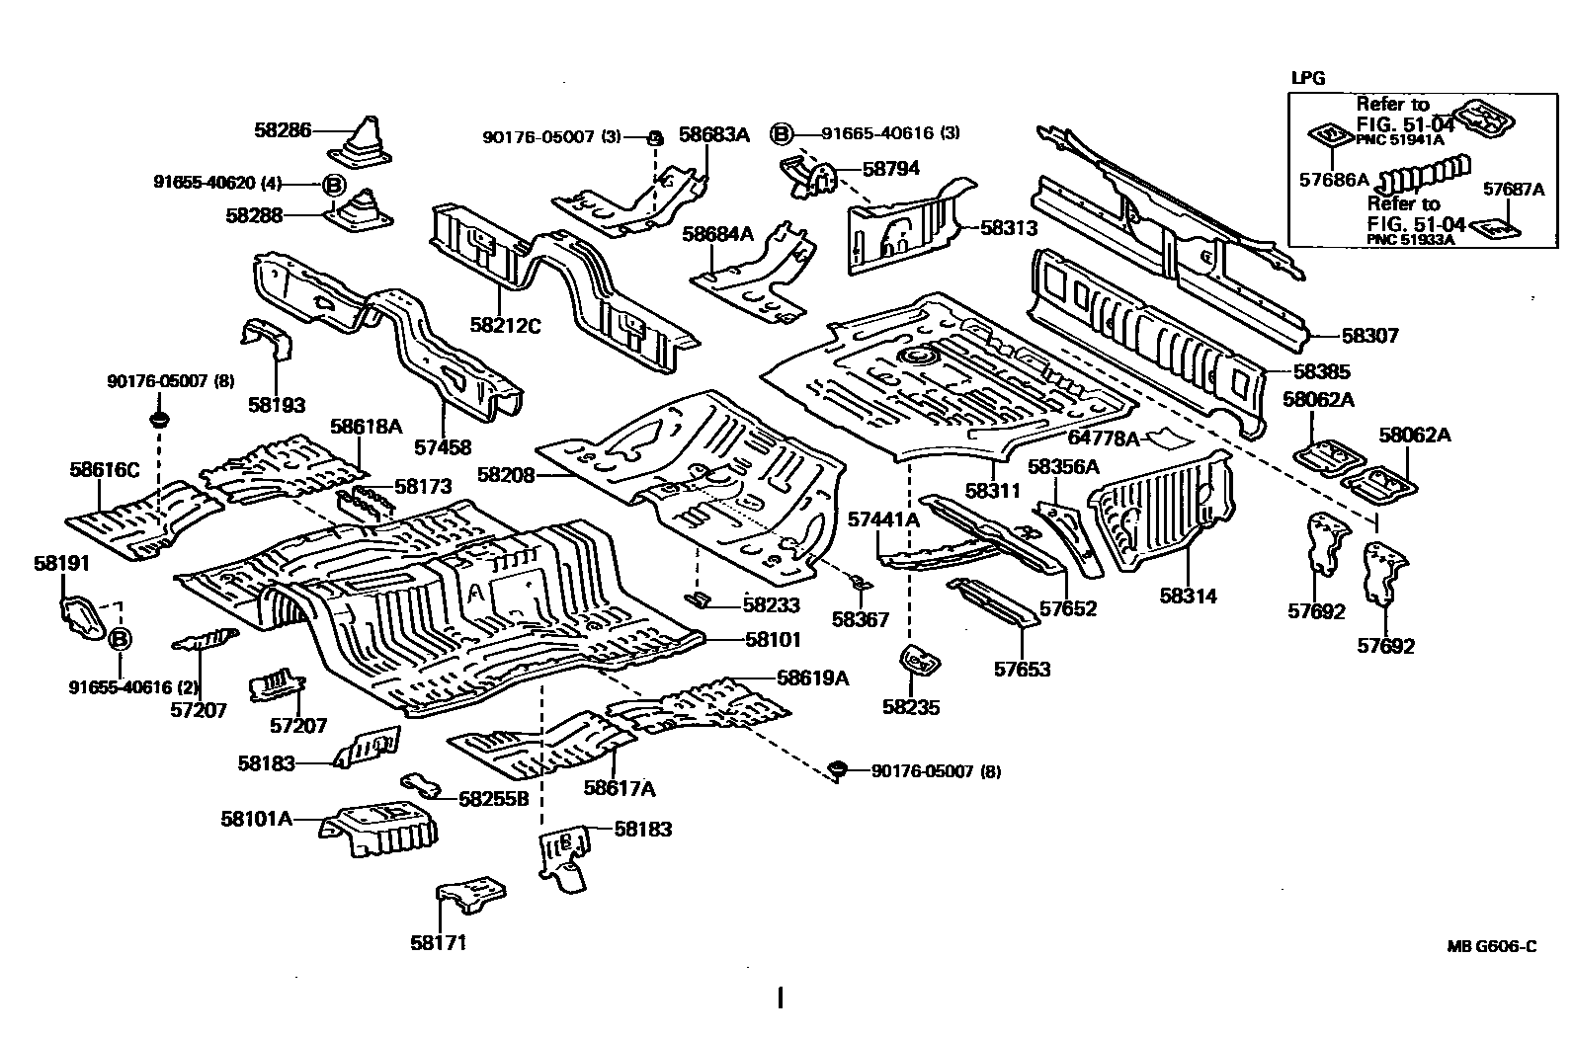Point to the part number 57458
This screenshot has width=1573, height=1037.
[x=443, y=447]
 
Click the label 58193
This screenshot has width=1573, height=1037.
[x=277, y=404]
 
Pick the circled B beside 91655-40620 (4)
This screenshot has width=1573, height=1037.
[x=333, y=184]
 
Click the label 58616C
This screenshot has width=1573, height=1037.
[x=105, y=470]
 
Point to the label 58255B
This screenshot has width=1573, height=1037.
[x=494, y=798]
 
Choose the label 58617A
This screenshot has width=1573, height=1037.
[x=620, y=787]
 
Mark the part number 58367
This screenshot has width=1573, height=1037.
[x=860, y=619]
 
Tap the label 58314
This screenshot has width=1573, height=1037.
[x=1188, y=596]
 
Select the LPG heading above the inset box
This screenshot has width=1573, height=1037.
[x=1308, y=78]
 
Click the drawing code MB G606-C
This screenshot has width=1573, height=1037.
[x=1492, y=946]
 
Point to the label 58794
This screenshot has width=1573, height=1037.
[x=890, y=168]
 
